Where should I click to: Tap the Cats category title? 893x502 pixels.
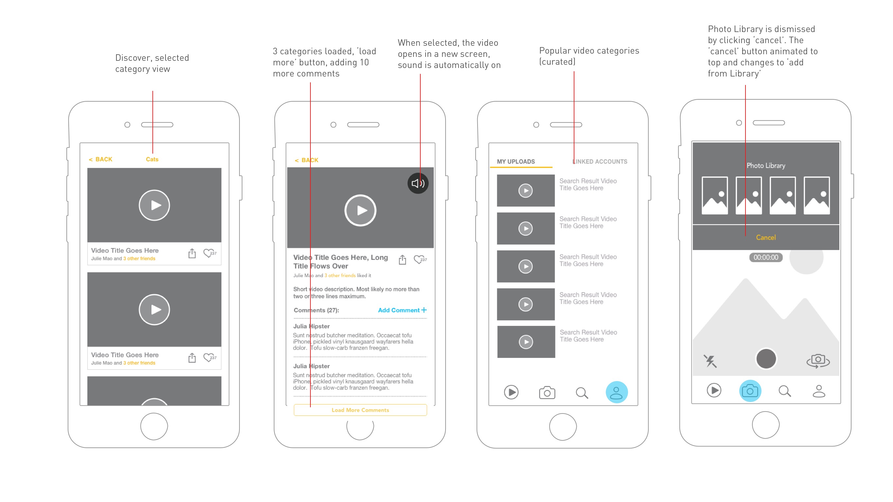pos(152,159)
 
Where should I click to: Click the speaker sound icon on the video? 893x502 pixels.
pos(418,183)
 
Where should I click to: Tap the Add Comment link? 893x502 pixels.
pos(402,310)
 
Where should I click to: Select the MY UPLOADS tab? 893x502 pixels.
pos(516,161)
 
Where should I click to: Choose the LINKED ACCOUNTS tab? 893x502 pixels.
pos(600,161)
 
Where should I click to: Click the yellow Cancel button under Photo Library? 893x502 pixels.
pos(766,237)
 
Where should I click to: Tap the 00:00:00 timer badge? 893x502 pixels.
pos(766,258)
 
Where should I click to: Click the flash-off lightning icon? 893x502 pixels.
pos(710,361)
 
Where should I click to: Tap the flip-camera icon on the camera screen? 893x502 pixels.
pos(818,361)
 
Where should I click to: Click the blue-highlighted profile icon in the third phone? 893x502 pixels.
pos(616,392)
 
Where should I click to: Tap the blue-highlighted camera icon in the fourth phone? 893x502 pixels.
pos(750,391)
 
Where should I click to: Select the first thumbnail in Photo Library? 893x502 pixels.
pos(714,195)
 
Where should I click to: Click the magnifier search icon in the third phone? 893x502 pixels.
pos(582,393)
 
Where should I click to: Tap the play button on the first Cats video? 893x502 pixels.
pos(154,205)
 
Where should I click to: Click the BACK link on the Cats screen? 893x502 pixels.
pos(100,159)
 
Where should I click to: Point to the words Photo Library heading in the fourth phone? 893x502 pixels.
pos(766,166)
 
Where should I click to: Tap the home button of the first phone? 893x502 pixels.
pos(154,426)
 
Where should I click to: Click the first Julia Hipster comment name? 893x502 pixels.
pos(311,326)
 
